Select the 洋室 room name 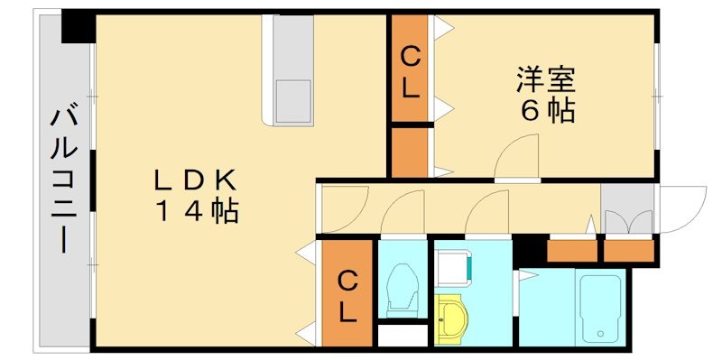point(547,79)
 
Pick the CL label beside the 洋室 point(410,73)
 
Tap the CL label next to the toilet point(347,295)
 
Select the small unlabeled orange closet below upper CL point(411,152)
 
